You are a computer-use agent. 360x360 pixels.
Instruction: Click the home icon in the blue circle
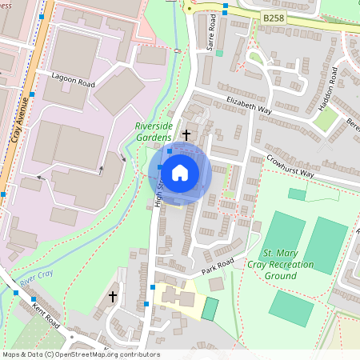[180, 172]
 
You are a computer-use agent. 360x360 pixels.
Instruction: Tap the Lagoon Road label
[73, 83]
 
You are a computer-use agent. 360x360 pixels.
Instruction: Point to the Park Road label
[217, 266]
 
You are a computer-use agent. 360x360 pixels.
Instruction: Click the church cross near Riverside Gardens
[187, 134]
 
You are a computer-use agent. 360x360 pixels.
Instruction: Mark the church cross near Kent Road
[113, 297]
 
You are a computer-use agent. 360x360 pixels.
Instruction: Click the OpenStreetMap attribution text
[80, 354]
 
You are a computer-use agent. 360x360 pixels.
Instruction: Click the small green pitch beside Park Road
[209, 309]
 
